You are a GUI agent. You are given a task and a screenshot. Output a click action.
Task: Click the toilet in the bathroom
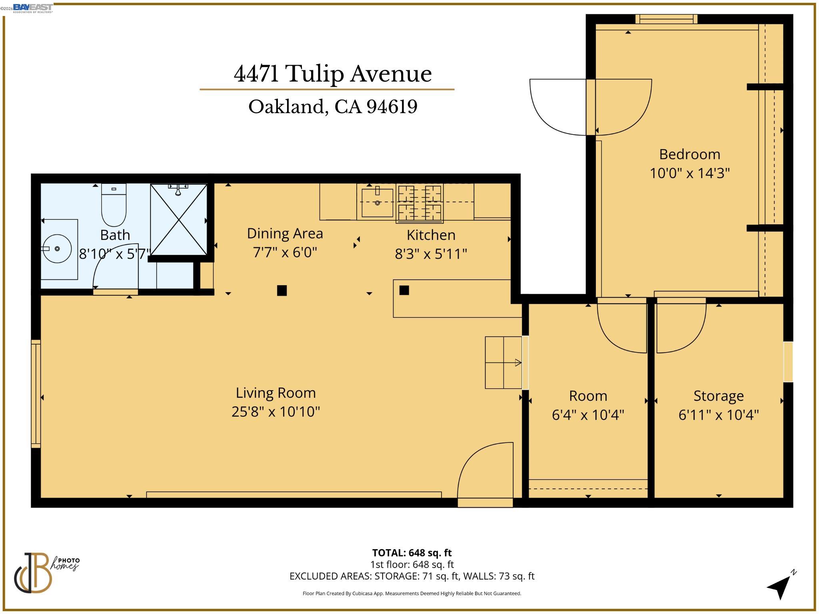click(x=114, y=205)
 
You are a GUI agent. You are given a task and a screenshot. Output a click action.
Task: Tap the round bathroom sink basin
click(x=57, y=249)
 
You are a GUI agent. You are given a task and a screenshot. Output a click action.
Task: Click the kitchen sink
click(x=377, y=203)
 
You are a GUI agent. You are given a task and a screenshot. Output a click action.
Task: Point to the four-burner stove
click(x=419, y=203)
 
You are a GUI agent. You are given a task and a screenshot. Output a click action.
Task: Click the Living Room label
click(x=276, y=393)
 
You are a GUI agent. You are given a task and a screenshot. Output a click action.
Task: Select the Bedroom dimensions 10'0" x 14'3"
click(x=689, y=173)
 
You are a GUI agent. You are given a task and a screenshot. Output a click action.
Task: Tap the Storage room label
click(x=718, y=396)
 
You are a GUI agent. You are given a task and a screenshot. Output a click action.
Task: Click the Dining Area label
click(x=285, y=233)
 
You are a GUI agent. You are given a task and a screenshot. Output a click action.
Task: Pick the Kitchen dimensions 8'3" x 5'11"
click(x=431, y=254)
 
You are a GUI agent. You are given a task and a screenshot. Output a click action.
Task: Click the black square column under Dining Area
click(x=282, y=290)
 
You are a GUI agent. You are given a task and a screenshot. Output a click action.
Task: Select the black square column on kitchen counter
click(x=404, y=290)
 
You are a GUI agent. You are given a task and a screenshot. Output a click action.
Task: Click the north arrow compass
click(x=780, y=586)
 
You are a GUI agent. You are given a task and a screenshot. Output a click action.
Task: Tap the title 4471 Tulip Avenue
click(x=333, y=74)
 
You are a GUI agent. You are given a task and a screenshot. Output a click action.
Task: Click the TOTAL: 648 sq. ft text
click(x=411, y=553)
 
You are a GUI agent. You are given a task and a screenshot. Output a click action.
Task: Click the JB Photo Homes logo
click(x=44, y=572)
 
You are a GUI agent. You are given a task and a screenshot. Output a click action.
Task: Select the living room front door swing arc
click(x=484, y=468)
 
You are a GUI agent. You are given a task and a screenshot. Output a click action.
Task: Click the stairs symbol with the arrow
click(x=503, y=363)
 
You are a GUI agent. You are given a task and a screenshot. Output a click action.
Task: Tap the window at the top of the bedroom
click(x=666, y=19)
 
